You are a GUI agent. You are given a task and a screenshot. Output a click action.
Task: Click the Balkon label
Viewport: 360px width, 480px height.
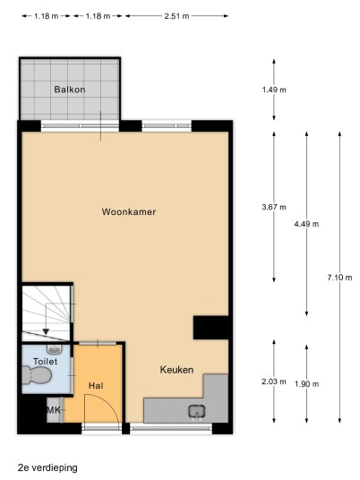[70, 90]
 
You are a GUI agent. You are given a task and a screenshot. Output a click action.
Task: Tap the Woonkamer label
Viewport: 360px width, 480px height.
[129, 211]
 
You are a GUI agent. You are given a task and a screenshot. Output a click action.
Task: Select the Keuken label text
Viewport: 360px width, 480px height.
[176, 370]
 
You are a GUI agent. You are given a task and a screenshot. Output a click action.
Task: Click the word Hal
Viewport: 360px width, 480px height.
[96, 386]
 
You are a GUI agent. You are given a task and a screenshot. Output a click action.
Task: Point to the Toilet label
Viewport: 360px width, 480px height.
[46, 361]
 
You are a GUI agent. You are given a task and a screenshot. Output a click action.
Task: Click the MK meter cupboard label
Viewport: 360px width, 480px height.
[54, 410]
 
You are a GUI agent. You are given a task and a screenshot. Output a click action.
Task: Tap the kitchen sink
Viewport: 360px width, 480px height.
[197, 412]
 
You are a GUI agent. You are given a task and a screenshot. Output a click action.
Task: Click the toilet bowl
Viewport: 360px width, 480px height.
[37, 375]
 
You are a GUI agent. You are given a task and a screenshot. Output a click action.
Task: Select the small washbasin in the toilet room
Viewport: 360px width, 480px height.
[55, 348]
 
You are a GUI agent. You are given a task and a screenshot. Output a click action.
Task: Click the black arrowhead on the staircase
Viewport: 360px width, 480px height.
[46, 331]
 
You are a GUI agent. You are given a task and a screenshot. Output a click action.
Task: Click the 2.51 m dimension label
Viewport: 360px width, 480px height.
[176, 16]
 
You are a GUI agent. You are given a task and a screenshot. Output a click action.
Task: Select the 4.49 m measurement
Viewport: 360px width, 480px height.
[306, 224]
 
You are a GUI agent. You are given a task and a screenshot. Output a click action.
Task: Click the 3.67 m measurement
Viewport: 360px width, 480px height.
[274, 207]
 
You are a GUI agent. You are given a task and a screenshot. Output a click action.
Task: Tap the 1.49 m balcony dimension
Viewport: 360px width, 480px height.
[274, 90]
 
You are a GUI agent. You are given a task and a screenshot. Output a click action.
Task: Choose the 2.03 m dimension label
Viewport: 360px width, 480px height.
[274, 381]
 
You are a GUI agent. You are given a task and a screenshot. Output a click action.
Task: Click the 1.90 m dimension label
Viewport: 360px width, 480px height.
[306, 384]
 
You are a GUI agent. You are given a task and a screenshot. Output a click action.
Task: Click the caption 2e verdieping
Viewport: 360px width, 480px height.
[47, 468]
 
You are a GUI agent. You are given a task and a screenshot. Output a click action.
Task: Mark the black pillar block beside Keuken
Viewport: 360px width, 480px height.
[211, 328]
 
